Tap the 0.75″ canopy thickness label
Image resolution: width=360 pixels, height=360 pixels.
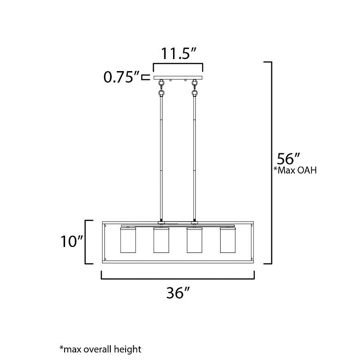[x=121, y=77]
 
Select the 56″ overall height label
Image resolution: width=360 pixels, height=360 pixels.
[x=289, y=159]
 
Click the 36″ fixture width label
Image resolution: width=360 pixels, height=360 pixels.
[x=178, y=293]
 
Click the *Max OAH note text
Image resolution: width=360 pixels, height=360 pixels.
[x=295, y=170]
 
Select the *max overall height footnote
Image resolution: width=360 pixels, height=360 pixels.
[x=100, y=349]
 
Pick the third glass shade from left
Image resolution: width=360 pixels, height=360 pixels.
[x=194, y=240]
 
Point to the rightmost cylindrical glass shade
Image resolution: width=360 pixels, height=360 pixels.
[x=228, y=240]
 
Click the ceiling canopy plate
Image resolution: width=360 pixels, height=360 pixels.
[x=178, y=77]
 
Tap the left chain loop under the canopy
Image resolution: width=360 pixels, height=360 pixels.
[x=162, y=88]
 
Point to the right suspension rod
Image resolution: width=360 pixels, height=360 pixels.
[x=195, y=157]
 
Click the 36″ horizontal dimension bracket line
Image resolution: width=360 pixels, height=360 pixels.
[x=178, y=278]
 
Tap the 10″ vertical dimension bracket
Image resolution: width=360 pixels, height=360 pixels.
[x=87, y=242]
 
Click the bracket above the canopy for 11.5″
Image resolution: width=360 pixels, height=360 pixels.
[x=178, y=65]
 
